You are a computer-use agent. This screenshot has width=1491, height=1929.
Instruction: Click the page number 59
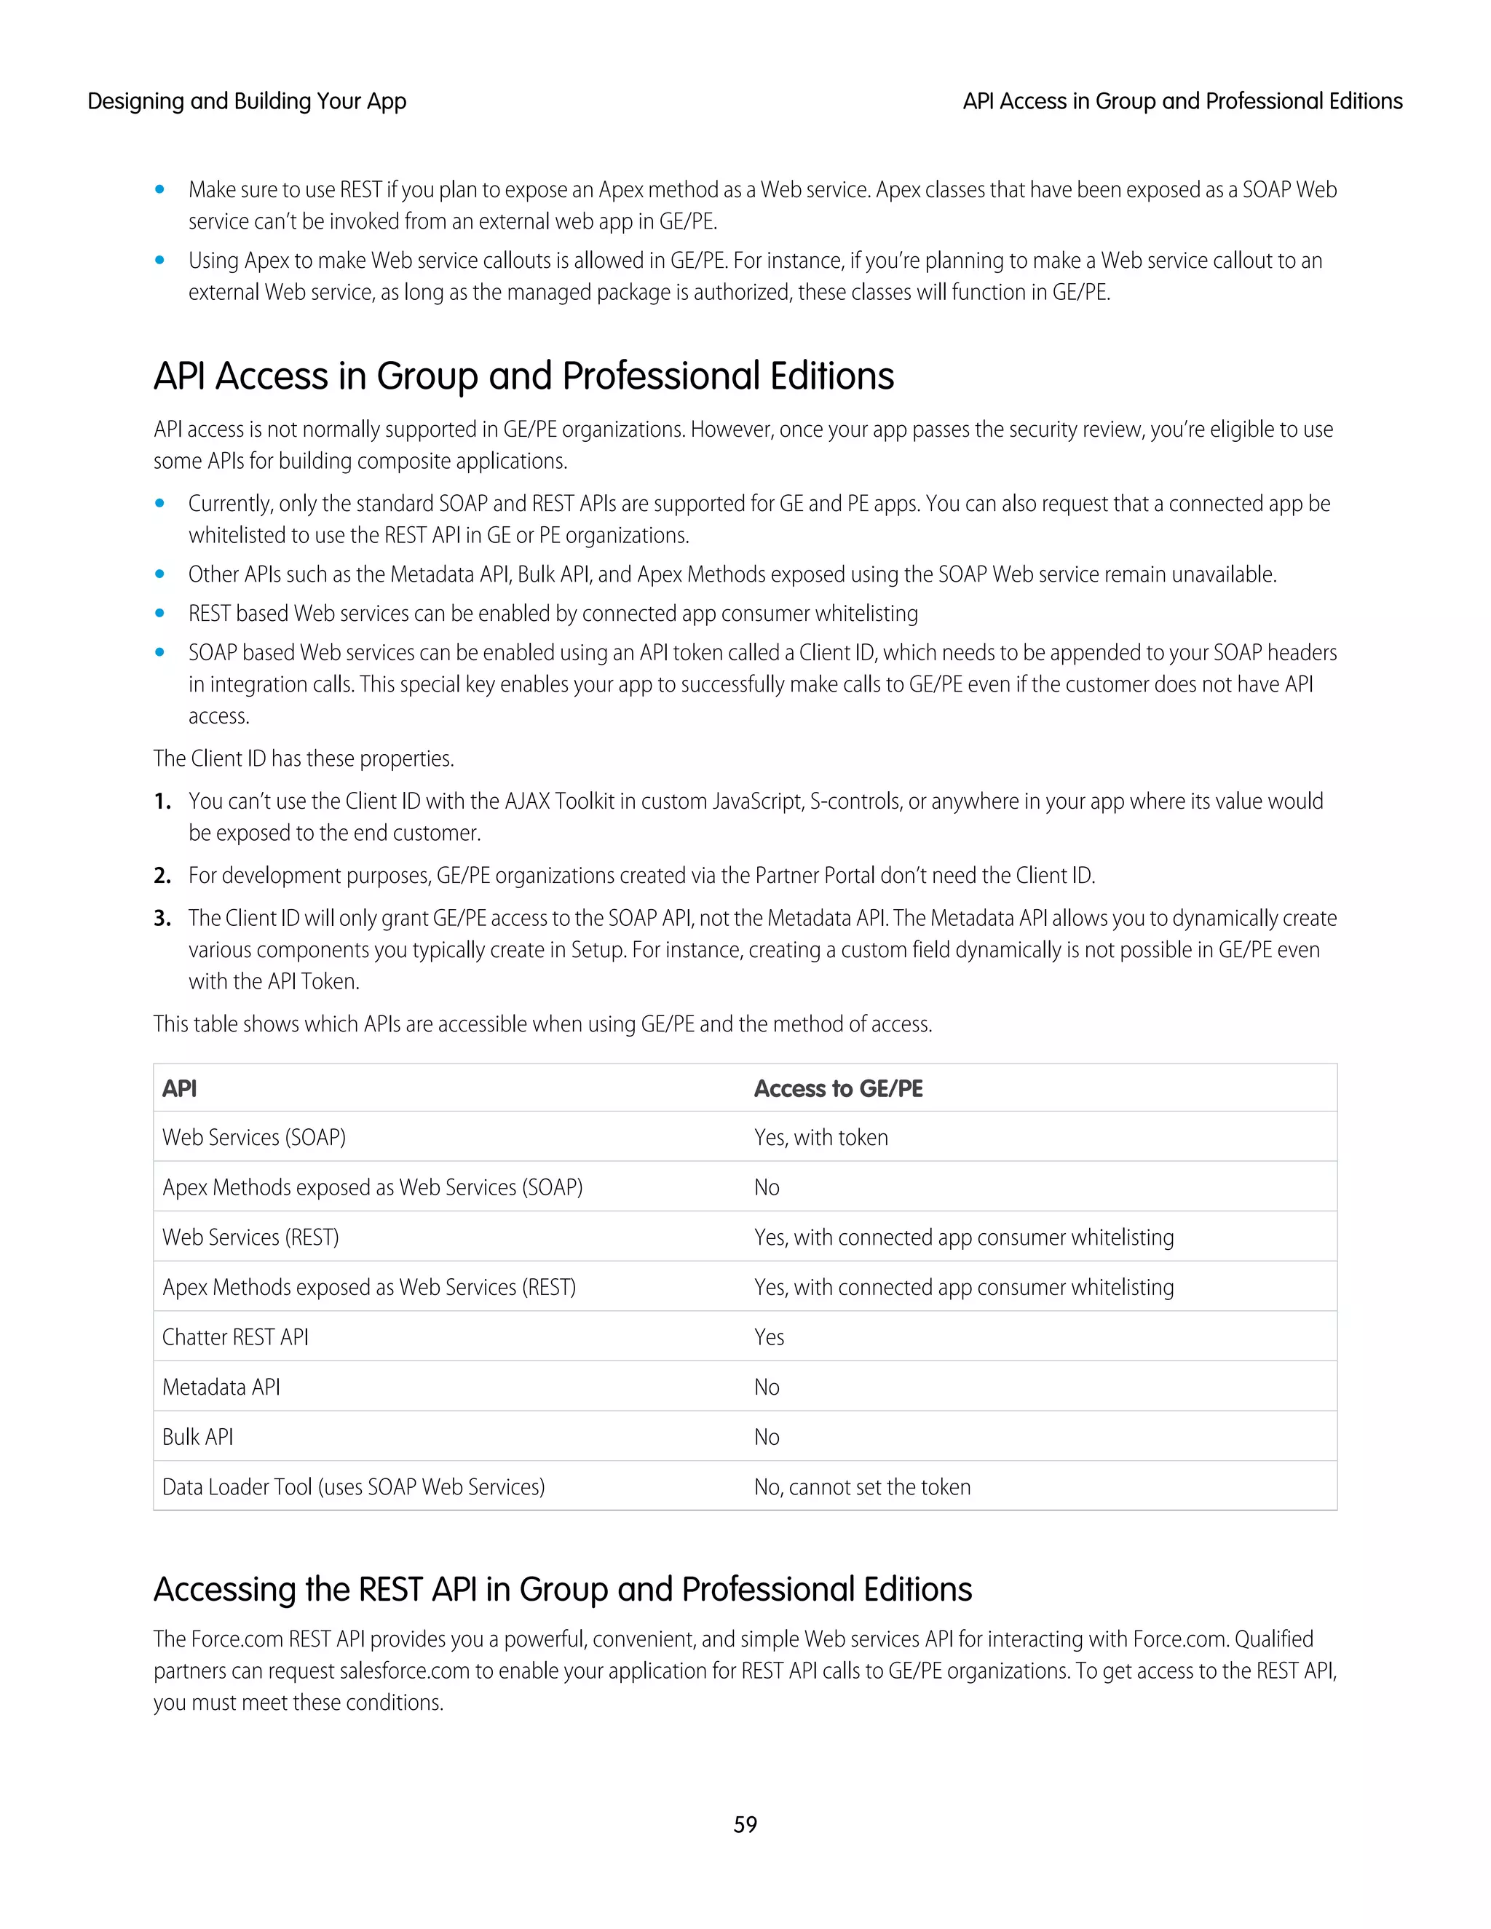tap(745, 1824)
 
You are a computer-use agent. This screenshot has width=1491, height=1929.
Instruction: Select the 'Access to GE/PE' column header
tap(837, 1088)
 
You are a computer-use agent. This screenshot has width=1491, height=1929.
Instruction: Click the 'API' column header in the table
tap(179, 1088)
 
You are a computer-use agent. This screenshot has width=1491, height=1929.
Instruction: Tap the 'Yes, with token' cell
tap(820, 1138)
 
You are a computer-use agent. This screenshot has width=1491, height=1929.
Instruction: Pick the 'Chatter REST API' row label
tap(235, 1337)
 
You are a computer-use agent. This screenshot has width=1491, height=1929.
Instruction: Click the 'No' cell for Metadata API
tap(767, 1387)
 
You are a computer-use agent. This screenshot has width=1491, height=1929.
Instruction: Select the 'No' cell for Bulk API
tap(767, 1437)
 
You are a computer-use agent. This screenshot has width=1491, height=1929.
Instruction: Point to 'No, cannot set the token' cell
tap(862, 1487)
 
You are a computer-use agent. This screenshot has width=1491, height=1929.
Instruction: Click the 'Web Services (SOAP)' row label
tap(253, 1138)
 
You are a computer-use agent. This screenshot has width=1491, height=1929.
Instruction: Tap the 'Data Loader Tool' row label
tap(353, 1487)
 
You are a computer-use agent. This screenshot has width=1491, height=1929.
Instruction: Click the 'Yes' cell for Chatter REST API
tap(769, 1337)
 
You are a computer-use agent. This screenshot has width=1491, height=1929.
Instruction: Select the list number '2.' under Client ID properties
tap(162, 876)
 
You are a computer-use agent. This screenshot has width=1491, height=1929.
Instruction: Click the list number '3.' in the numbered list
tap(162, 919)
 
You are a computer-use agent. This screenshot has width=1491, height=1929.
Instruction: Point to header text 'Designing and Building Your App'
tap(247, 102)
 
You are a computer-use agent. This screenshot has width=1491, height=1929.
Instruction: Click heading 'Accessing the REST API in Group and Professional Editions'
tap(563, 1589)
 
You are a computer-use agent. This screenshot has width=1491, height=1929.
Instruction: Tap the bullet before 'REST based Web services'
tap(160, 613)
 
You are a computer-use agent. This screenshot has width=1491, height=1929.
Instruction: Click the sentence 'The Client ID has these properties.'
tap(303, 758)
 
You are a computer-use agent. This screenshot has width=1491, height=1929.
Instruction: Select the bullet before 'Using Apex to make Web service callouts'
tap(160, 261)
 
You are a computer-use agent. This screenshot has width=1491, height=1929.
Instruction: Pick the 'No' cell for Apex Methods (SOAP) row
tap(767, 1188)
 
